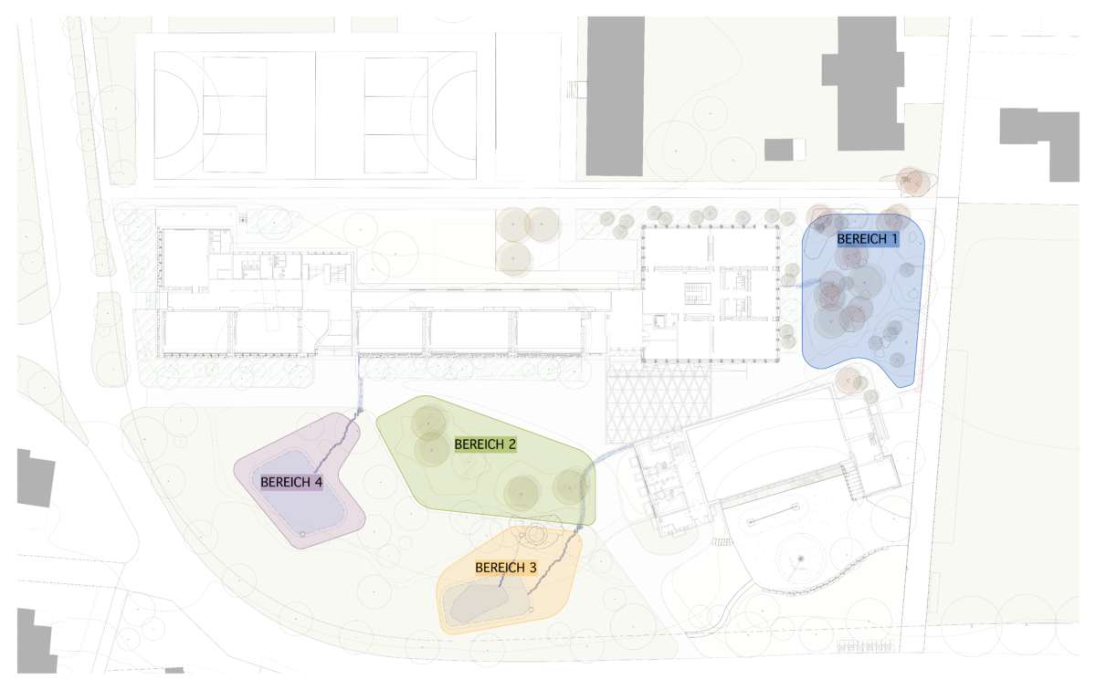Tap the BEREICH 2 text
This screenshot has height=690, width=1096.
(485, 444)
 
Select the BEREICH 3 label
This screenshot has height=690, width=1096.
(505, 568)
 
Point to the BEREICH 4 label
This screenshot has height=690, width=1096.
(291, 481)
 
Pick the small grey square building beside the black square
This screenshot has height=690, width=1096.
(779, 149)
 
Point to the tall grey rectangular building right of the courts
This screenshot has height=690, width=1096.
(615, 95)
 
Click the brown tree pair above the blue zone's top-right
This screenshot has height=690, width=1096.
(912, 181)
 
